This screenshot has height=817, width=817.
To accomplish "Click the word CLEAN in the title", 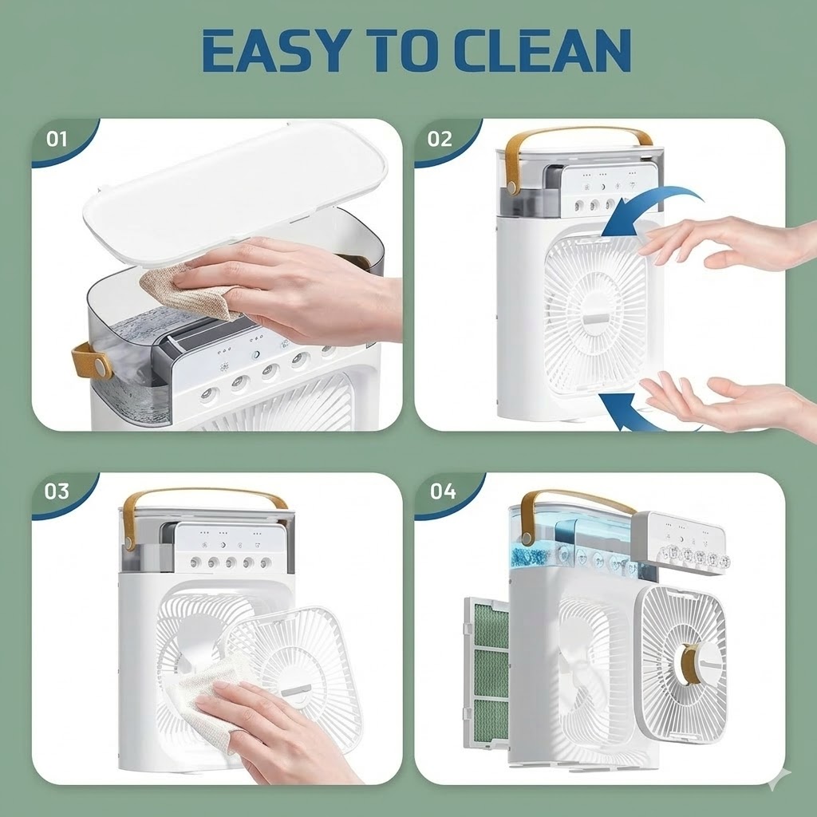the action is click(543, 50).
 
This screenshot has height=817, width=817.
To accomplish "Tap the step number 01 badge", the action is click(57, 139).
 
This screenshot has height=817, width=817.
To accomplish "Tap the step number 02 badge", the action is click(440, 139).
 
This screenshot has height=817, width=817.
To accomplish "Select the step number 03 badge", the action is click(57, 491).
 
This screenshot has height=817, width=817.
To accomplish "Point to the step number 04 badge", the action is click(443, 491).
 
